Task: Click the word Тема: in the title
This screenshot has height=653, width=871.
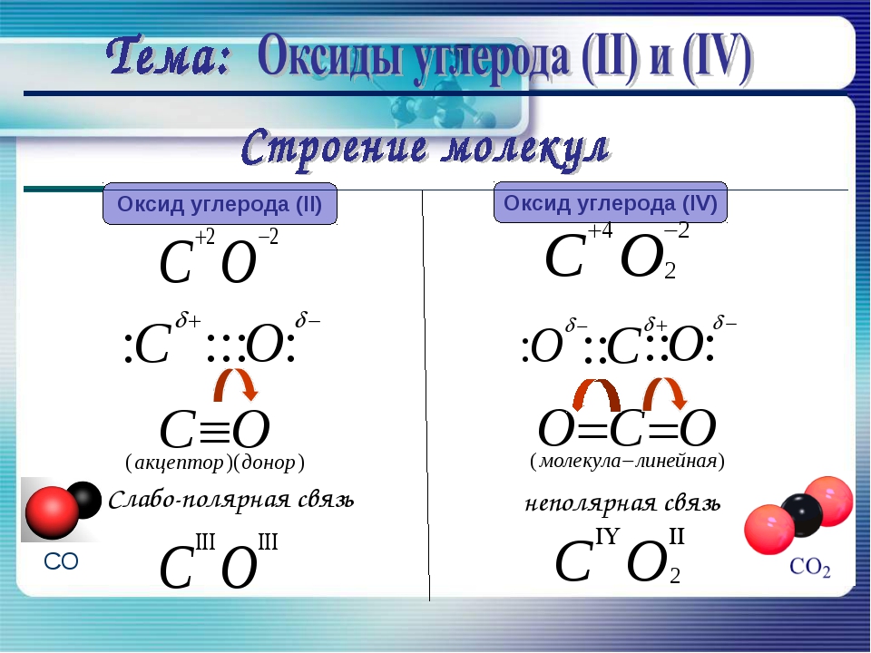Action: pos(168,56)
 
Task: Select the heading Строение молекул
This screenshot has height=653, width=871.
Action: pos(426,148)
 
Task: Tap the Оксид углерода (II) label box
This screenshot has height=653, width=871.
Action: pos(220,204)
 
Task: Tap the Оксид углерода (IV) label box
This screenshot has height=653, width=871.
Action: pos(611,202)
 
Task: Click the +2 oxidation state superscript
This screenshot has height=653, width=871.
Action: pos(204,237)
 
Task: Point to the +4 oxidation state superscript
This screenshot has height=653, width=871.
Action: pos(600,230)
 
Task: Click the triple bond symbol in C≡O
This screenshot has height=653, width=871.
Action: pos(214,430)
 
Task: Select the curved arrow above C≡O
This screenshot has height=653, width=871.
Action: pos(236,383)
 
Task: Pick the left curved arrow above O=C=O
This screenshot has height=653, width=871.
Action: pos(596,393)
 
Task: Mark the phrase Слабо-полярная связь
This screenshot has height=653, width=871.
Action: pos(231,500)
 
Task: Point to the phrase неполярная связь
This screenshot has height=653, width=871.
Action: pos(622,503)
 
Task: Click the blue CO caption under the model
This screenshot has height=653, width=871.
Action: pos(61,562)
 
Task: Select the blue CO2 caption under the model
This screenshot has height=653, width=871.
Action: pos(810,567)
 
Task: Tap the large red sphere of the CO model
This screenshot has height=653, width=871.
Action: pos(52,512)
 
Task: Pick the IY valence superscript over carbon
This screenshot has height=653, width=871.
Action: pos(607,537)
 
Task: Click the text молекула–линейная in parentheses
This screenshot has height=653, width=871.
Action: pos(628,461)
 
